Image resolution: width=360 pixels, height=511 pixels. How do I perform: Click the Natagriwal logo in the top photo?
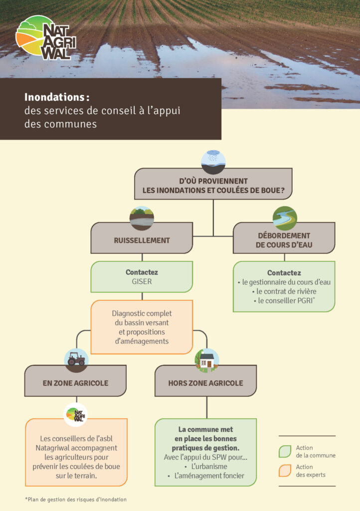tap(45, 37)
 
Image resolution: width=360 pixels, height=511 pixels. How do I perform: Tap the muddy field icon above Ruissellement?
tap(142, 218)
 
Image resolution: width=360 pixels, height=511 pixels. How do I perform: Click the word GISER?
tap(142, 281)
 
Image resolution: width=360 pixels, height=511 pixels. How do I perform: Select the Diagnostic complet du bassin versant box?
tap(142, 327)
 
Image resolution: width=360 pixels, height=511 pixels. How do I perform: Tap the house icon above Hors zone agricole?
tap(206, 360)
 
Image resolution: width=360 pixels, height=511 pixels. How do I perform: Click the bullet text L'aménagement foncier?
tap(209, 476)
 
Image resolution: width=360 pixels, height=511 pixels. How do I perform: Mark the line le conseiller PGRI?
tap(284, 300)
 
